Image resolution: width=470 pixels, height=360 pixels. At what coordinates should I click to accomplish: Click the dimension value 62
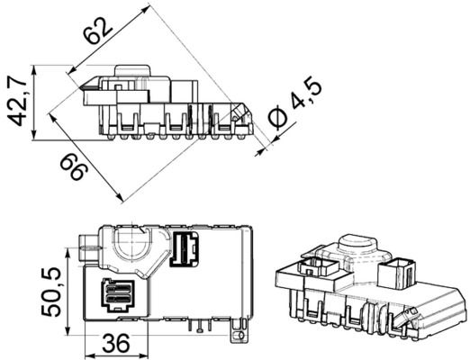(x=99, y=31)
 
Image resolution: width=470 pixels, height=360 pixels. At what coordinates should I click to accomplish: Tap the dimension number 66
(x=72, y=166)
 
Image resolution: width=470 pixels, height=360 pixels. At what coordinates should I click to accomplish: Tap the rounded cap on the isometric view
(x=357, y=246)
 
